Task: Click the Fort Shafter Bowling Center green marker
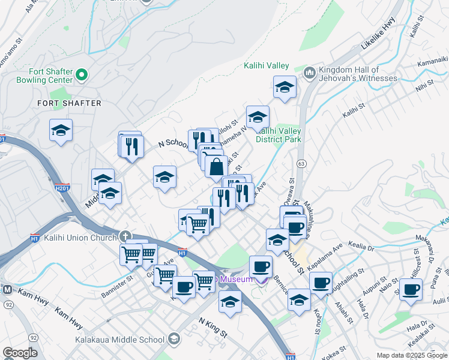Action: click(x=82, y=75)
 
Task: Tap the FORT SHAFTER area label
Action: click(x=70, y=103)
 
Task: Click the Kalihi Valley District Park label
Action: click(x=279, y=135)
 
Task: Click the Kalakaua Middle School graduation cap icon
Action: click(x=173, y=340)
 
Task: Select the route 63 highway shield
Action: click(x=301, y=163)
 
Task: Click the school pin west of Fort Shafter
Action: click(x=61, y=130)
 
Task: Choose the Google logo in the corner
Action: click(x=20, y=353)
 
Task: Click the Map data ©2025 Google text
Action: click(x=411, y=355)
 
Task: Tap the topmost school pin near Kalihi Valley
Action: click(x=284, y=87)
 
